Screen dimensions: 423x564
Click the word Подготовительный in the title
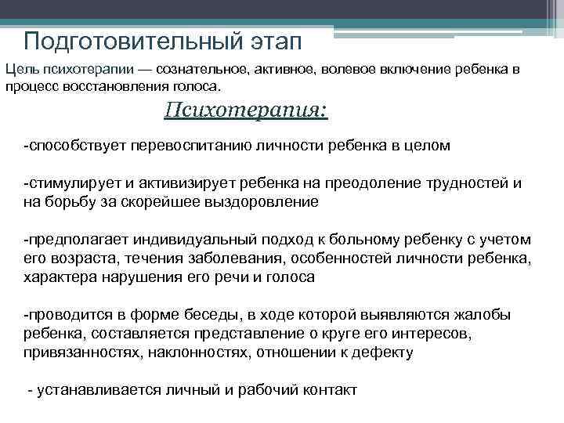(x=121, y=40)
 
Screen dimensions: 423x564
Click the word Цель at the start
(x=20, y=70)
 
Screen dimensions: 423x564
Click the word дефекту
(x=383, y=352)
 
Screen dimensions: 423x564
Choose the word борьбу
(x=69, y=201)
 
